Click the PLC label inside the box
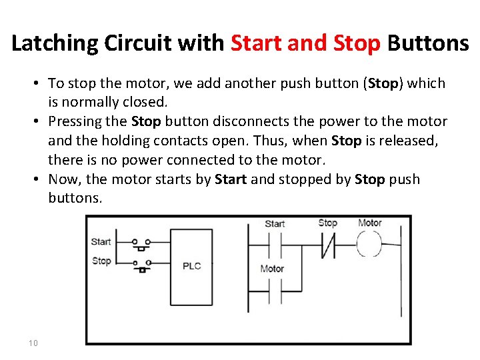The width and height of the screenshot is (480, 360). coord(191,266)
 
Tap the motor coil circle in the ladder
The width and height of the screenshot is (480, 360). coord(369,244)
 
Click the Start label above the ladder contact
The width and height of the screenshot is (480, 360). coord(275,224)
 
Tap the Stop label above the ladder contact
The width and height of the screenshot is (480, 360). coord(327,223)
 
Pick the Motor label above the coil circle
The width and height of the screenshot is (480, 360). coord(369,223)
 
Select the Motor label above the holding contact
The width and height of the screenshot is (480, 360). coord(272,269)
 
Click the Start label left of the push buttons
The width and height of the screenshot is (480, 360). coord(101,241)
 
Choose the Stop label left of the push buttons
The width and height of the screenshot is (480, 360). coord(101,261)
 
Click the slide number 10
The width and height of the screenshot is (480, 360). coord(33,343)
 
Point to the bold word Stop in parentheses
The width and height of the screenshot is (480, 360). coord(383,84)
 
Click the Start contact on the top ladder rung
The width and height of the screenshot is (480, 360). coord(275,244)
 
